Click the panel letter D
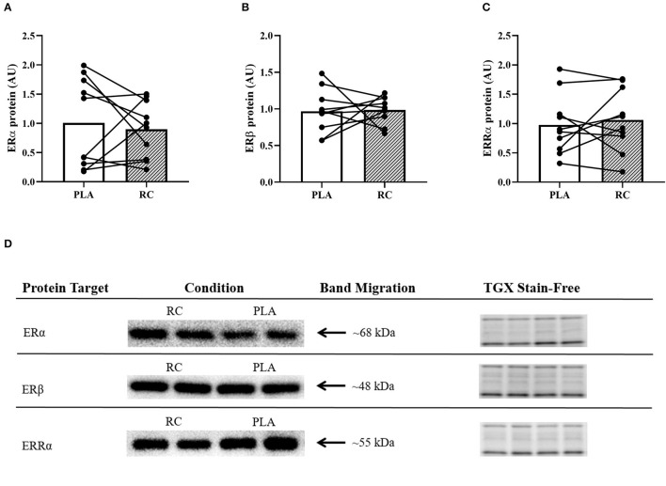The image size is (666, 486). [x=8, y=243]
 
